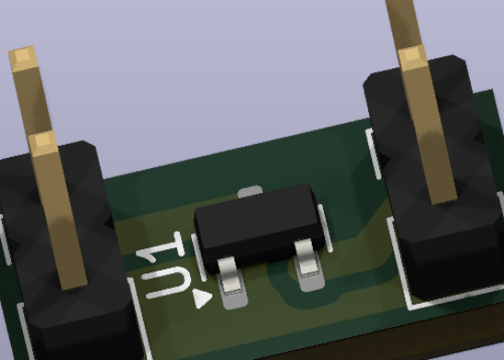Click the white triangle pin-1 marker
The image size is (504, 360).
point(201,298)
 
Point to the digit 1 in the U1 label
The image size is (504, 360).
point(161,246)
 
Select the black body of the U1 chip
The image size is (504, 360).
point(258,224)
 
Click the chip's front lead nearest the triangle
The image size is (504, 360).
point(230,275)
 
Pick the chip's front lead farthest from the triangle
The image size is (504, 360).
point(306,257)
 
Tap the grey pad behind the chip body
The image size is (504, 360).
point(249,191)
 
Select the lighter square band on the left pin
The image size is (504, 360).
point(42,143)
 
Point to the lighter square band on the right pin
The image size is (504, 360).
point(413,57)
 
